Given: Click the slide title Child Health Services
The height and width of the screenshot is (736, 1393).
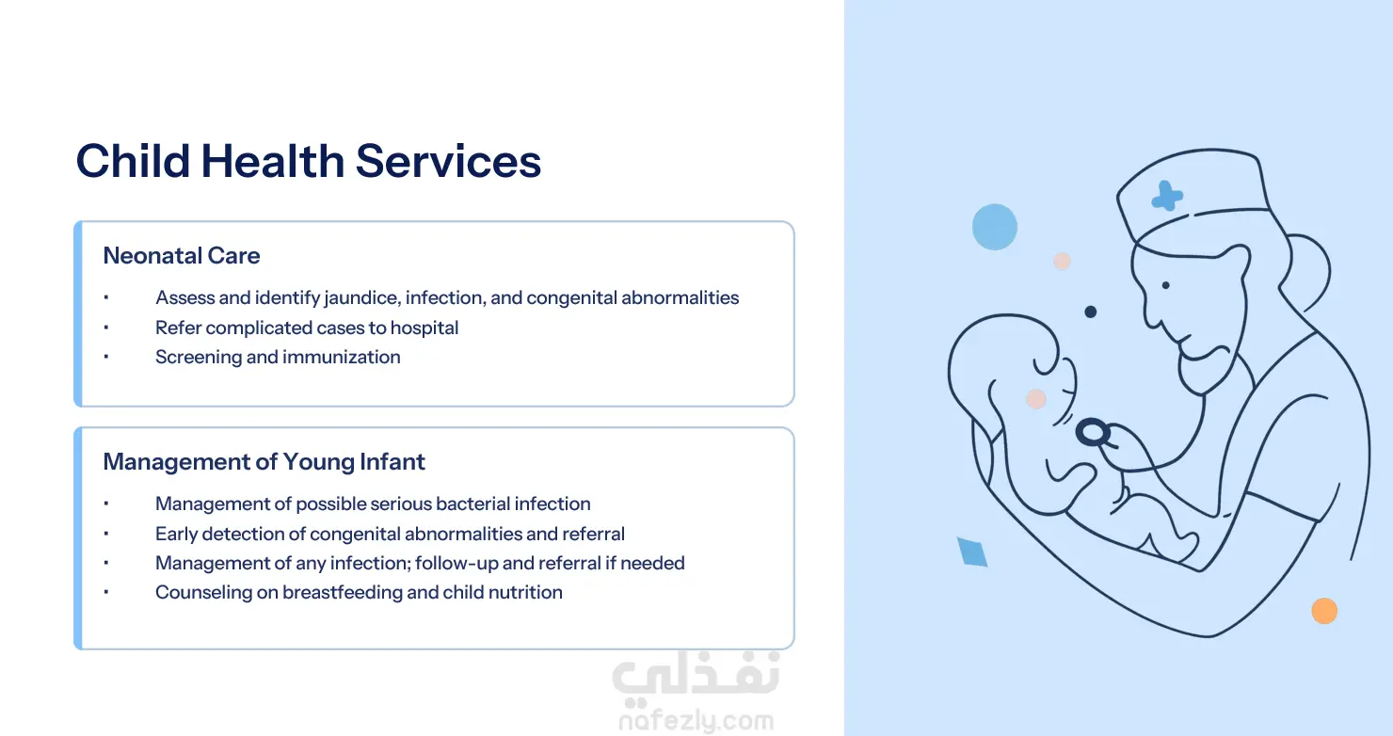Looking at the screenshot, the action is click(309, 161).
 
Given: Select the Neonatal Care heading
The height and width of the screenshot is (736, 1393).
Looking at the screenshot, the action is click(182, 255).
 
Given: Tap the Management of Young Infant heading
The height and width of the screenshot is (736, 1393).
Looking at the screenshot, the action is click(264, 462).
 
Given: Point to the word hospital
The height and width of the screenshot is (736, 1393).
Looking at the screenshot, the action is click(424, 328).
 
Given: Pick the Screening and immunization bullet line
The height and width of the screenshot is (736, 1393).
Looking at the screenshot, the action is click(278, 358).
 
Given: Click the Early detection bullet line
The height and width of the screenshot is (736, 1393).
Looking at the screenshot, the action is click(390, 534).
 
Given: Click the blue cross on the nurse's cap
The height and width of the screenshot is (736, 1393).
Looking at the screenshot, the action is click(1167, 197).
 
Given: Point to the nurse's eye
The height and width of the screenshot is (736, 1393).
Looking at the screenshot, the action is click(1165, 285).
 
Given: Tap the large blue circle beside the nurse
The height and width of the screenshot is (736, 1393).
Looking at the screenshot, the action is click(994, 227).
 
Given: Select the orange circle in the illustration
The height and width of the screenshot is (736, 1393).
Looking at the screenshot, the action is click(1324, 611).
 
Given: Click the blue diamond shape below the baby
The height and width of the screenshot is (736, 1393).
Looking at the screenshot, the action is click(972, 552).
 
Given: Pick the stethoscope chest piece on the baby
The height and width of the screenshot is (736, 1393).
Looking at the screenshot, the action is click(1093, 432).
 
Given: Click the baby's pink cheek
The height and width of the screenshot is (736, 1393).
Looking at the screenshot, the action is click(1035, 399).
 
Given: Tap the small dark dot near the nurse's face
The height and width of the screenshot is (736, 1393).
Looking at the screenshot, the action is click(1090, 312).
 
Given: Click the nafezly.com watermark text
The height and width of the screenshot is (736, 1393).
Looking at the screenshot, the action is click(696, 721).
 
